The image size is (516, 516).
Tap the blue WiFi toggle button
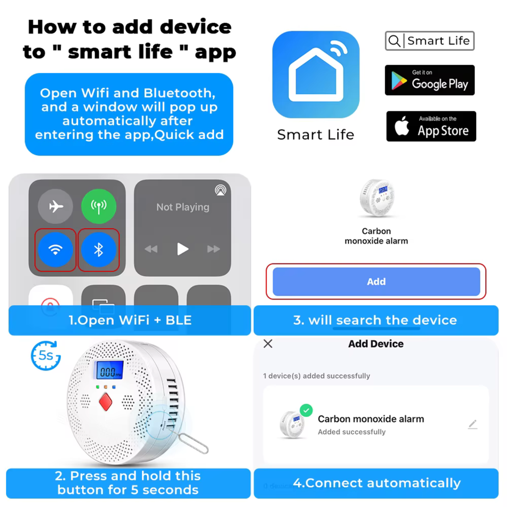click(55, 250)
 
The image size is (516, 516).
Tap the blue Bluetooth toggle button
click(98, 250)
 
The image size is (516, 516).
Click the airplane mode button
click(55, 206)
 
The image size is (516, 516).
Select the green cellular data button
click(98, 206)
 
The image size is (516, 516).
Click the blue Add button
click(376, 282)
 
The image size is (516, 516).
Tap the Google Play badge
click(430, 80)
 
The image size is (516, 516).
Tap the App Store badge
click(431, 126)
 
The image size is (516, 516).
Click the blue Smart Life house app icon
click(316, 75)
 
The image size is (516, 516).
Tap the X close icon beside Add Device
click(268, 344)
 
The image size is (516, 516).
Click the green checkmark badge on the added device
click(306, 410)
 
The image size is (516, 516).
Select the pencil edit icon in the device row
click(473, 424)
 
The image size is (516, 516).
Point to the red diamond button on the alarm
click(106, 402)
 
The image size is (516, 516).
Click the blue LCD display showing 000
click(109, 370)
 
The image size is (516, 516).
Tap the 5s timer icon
click(46, 356)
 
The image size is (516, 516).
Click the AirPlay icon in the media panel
click(221, 190)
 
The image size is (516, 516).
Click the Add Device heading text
click(376, 344)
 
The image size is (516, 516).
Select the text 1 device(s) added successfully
click(316, 376)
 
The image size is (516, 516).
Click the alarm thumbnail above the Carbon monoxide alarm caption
click(377, 198)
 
